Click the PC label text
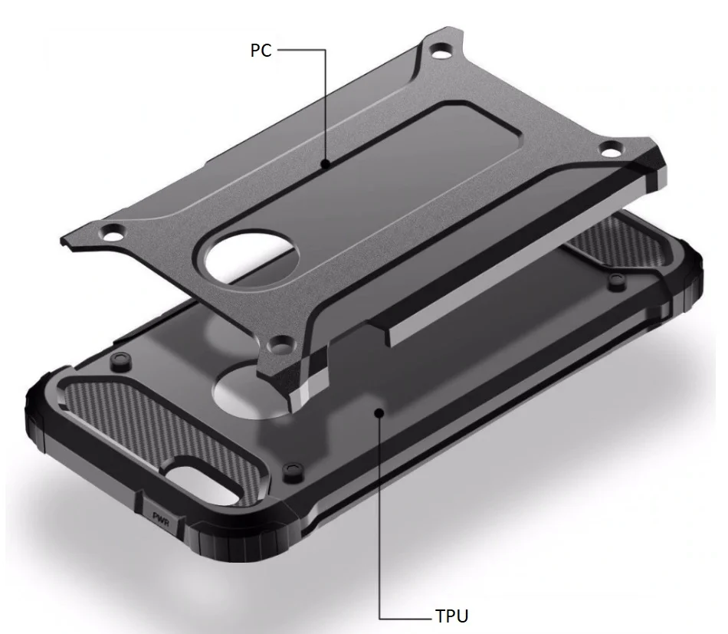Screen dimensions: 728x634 coord(261,50)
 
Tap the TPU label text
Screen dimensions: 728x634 coord(452,616)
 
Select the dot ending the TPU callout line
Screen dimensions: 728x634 coord(380,412)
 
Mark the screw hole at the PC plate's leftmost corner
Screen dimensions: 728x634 coord(113,233)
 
